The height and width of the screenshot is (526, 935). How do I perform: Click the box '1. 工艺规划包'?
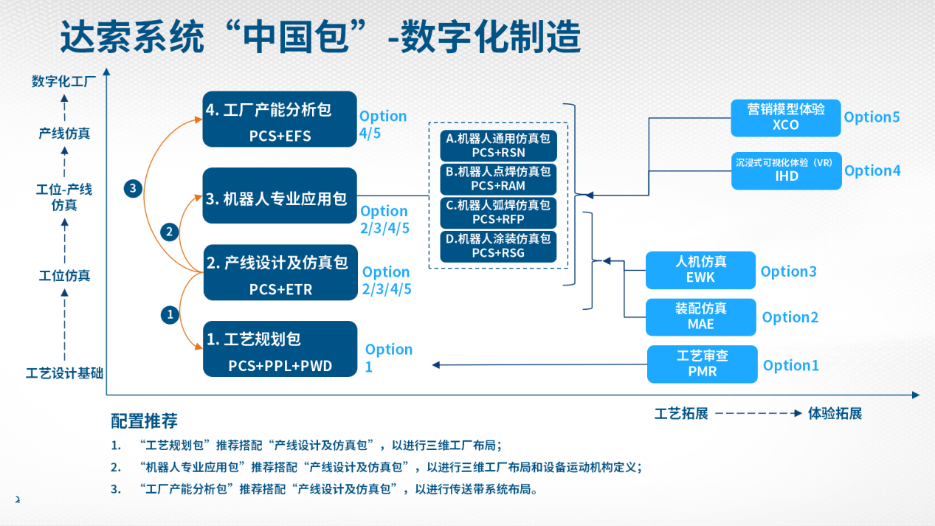tap(280, 350)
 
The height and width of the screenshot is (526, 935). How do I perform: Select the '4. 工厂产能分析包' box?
tap(280, 119)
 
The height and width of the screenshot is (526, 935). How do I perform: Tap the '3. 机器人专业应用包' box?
tap(280, 196)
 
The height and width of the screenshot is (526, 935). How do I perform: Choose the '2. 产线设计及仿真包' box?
tap(280, 273)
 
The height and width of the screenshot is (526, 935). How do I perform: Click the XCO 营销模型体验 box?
tap(785, 118)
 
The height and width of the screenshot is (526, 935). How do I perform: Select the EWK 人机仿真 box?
tap(700, 270)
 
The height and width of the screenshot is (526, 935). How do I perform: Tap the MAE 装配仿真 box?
tap(700, 316)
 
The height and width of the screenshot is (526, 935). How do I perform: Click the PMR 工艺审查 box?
tap(702, 364)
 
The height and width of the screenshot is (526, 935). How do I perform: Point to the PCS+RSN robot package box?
tap(498, 145)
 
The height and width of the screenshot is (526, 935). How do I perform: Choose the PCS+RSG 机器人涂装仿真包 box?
tap(498, 246)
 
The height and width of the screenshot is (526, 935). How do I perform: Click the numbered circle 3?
tap(133, 189)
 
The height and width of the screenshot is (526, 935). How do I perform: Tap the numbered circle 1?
tap(170, 315)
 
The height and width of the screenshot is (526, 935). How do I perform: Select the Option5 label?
tap(872, 117)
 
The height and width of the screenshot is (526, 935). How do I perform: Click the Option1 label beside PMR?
tap(791, 365)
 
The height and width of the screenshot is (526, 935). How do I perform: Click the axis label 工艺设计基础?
tap(64, 373)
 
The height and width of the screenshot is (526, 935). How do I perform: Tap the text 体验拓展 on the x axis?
tap(835, 413)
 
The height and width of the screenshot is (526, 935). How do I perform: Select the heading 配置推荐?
tap(144, 421)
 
